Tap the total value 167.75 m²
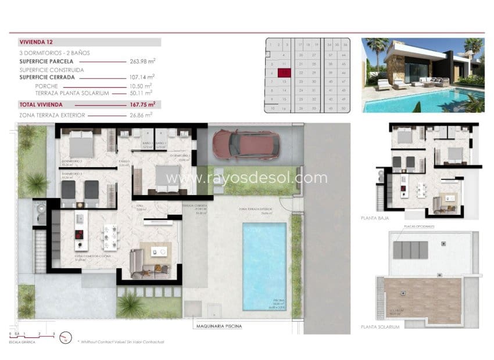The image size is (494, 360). tap(142, 105)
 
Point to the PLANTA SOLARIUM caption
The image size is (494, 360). tap(380, 327)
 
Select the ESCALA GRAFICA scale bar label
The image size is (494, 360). tap(23, 343)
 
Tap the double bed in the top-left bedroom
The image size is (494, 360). tap(78, 142)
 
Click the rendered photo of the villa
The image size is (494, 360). tap(423, 75)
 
